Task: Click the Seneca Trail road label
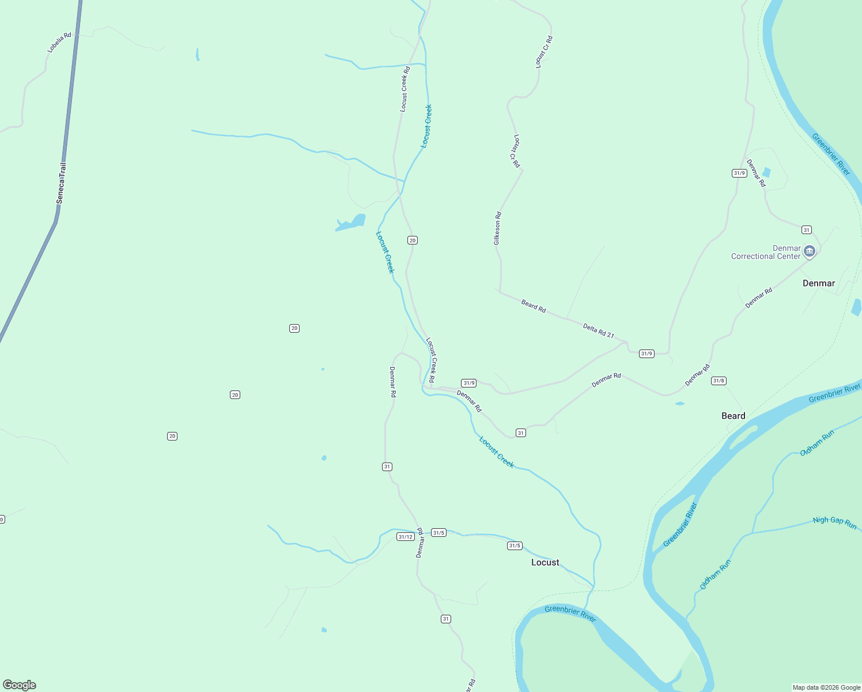tap(61, 183)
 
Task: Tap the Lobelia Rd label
tap(59, 43)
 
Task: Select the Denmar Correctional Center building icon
tap(810, 251)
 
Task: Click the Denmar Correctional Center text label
tap(766, 253)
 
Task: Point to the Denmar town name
tap(819, 283)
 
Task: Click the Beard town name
tap(734, 416)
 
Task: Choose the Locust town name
tap(545, 562)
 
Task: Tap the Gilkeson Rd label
tap(497, 228)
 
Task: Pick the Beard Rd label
tap(534, 306)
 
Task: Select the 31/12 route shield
tap(406, 537)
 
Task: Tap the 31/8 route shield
tap(719, 381)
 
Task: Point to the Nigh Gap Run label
tap(834, 522)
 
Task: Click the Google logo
tap(20, 685)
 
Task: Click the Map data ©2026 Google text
tap(826, 687)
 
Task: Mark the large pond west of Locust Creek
tap(352, 223)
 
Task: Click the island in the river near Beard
tap(744, 438)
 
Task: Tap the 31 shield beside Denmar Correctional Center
tap(807, 230)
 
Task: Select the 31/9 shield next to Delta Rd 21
tap(646, 353)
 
